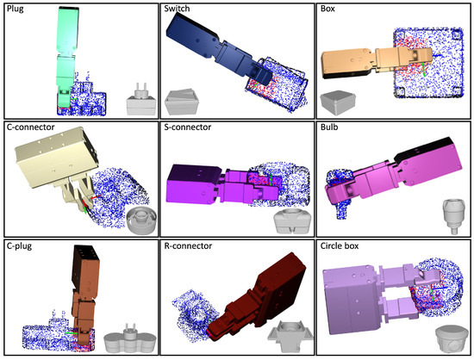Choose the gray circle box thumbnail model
(x=444, y=337)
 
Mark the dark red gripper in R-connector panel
(x=259, y=293)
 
